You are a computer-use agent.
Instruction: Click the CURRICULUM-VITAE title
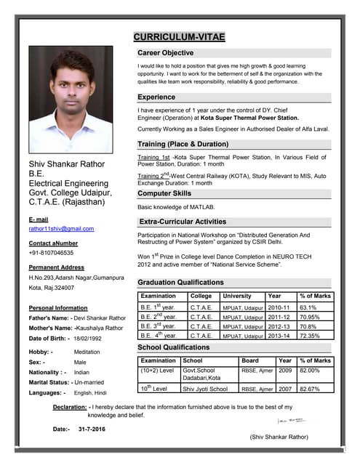(179, 37)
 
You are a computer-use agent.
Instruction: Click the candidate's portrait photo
(70, 100)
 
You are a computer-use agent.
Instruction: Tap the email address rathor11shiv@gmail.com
(61, 229)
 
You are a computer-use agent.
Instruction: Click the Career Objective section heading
(165, 53)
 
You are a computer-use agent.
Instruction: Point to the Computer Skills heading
(164, 193)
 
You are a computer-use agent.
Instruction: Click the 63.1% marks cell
(310, 307)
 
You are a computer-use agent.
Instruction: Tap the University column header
(237, 296)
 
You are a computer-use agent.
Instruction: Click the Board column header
(249, 360)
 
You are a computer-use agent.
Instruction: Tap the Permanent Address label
(57, 267)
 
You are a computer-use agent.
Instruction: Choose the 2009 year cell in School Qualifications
(285, 371)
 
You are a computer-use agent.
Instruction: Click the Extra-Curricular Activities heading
(183, 222)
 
